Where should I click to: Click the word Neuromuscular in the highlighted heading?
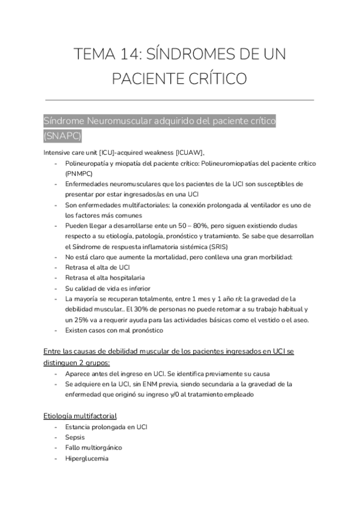click(x=119, y=121)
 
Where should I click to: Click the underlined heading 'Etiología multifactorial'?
click(x=80, y=415)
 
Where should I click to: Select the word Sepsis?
click(x=75, y=438)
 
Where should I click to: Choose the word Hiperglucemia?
click(x=87, y=459)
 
